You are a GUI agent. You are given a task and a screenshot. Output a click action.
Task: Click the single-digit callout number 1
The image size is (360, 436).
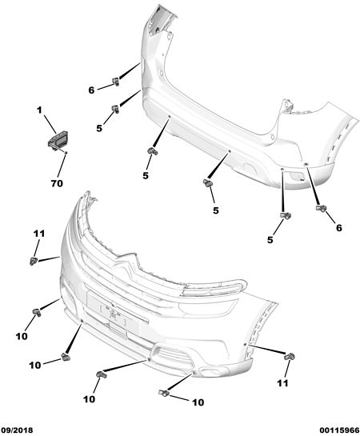pyautogui.click(x=39, y=110)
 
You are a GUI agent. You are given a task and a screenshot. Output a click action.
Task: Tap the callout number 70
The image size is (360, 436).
pyautogui.click(x=57, y=183)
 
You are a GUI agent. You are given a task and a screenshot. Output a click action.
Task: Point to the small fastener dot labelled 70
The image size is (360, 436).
pyautogui.click(x=66, y=152)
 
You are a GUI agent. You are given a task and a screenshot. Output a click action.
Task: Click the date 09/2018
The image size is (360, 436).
pyautogui.click(x=17, y=430)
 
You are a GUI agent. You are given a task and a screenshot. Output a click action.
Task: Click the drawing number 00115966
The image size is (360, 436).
pyautogui.click(x=339, y=430)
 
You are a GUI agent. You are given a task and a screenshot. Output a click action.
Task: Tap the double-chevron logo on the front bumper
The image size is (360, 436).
pyautogui.click(x=126, y=264)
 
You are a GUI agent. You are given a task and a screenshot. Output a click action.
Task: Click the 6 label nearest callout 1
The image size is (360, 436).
pyautogui.click(x=91, y=90)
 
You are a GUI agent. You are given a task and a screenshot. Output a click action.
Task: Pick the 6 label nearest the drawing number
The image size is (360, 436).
pyautogui.click(x=339, y=228)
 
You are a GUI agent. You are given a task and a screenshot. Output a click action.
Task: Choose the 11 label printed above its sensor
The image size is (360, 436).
pyautogui.click(x=39, y=234)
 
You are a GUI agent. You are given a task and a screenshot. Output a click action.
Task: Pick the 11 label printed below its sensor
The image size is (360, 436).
pyautogui.click(x=282, y=383)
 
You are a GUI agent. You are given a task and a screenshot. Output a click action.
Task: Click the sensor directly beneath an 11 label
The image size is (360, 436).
pyautogui.click(x=34, y=261)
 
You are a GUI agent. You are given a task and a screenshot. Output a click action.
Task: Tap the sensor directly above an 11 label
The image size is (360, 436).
pyautogui.click(x=290, y=356)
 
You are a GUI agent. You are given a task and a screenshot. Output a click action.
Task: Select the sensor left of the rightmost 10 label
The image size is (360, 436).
pyautogui.click(x=164, y=392)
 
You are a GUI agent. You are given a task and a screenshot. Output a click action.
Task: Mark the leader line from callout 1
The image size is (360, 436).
pyautogui.click(x=50, y=124)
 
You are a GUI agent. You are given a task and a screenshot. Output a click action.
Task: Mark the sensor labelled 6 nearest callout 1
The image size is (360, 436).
pyautogui.click(x=115, y=82)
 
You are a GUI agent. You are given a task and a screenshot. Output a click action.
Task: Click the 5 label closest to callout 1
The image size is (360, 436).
pyautogui.click(x=99, y=128)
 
